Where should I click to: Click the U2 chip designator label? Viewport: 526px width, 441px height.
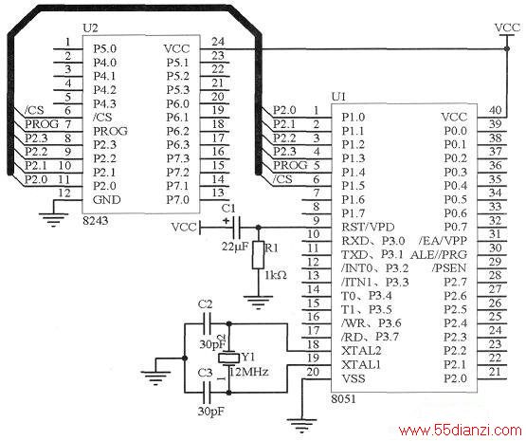tap(90, 28)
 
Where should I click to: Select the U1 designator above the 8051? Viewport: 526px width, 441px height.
tap(338, 97)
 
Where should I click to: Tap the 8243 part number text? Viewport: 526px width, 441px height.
tap(96, 220)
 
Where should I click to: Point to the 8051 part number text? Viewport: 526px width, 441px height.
tap(343, 399)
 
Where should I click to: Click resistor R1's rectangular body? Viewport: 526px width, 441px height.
tap(258, 255)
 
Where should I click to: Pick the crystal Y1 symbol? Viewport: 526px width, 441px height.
tap(228, 358)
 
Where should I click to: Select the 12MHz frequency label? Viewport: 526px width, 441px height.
tap(249, 372)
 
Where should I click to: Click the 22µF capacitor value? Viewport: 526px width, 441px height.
tap(235, 247)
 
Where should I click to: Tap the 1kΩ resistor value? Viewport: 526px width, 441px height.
tap(276, 276)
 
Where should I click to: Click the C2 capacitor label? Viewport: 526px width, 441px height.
tap(205, 304)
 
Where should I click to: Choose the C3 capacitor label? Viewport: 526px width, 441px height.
tap(205, 373)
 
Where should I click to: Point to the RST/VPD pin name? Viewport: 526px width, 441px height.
tap(368, 228)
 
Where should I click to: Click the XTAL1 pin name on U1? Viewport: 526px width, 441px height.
tap(361, 364)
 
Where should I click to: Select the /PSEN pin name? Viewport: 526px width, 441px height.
tap(449, 268)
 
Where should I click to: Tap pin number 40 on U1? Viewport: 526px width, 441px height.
tap(495, 110)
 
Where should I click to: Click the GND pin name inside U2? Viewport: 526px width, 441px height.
tap(107, 200)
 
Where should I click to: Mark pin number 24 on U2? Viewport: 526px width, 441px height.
tap(218, 42)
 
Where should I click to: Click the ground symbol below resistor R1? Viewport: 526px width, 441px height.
tap(258, 302)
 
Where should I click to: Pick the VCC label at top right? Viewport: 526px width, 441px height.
tap(507, 28)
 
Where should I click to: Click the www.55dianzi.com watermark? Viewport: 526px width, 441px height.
tap(460, 430)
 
